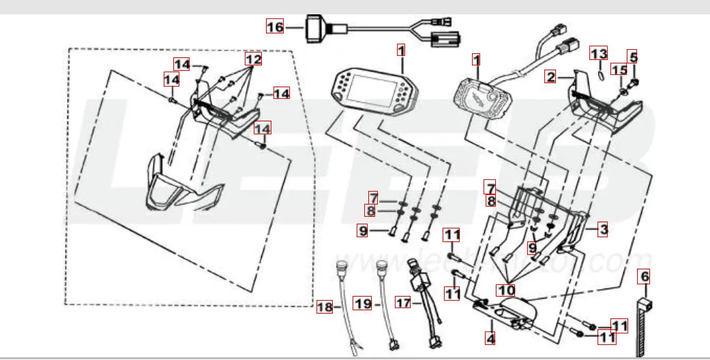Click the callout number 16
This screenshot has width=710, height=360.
coord(274,27)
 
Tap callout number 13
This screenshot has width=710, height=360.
coord(598,54)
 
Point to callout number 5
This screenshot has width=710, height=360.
coord(633,57)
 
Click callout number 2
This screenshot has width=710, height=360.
coord(551,76)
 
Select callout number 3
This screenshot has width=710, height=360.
coord(602,230)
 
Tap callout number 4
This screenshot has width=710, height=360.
coord(490,335)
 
